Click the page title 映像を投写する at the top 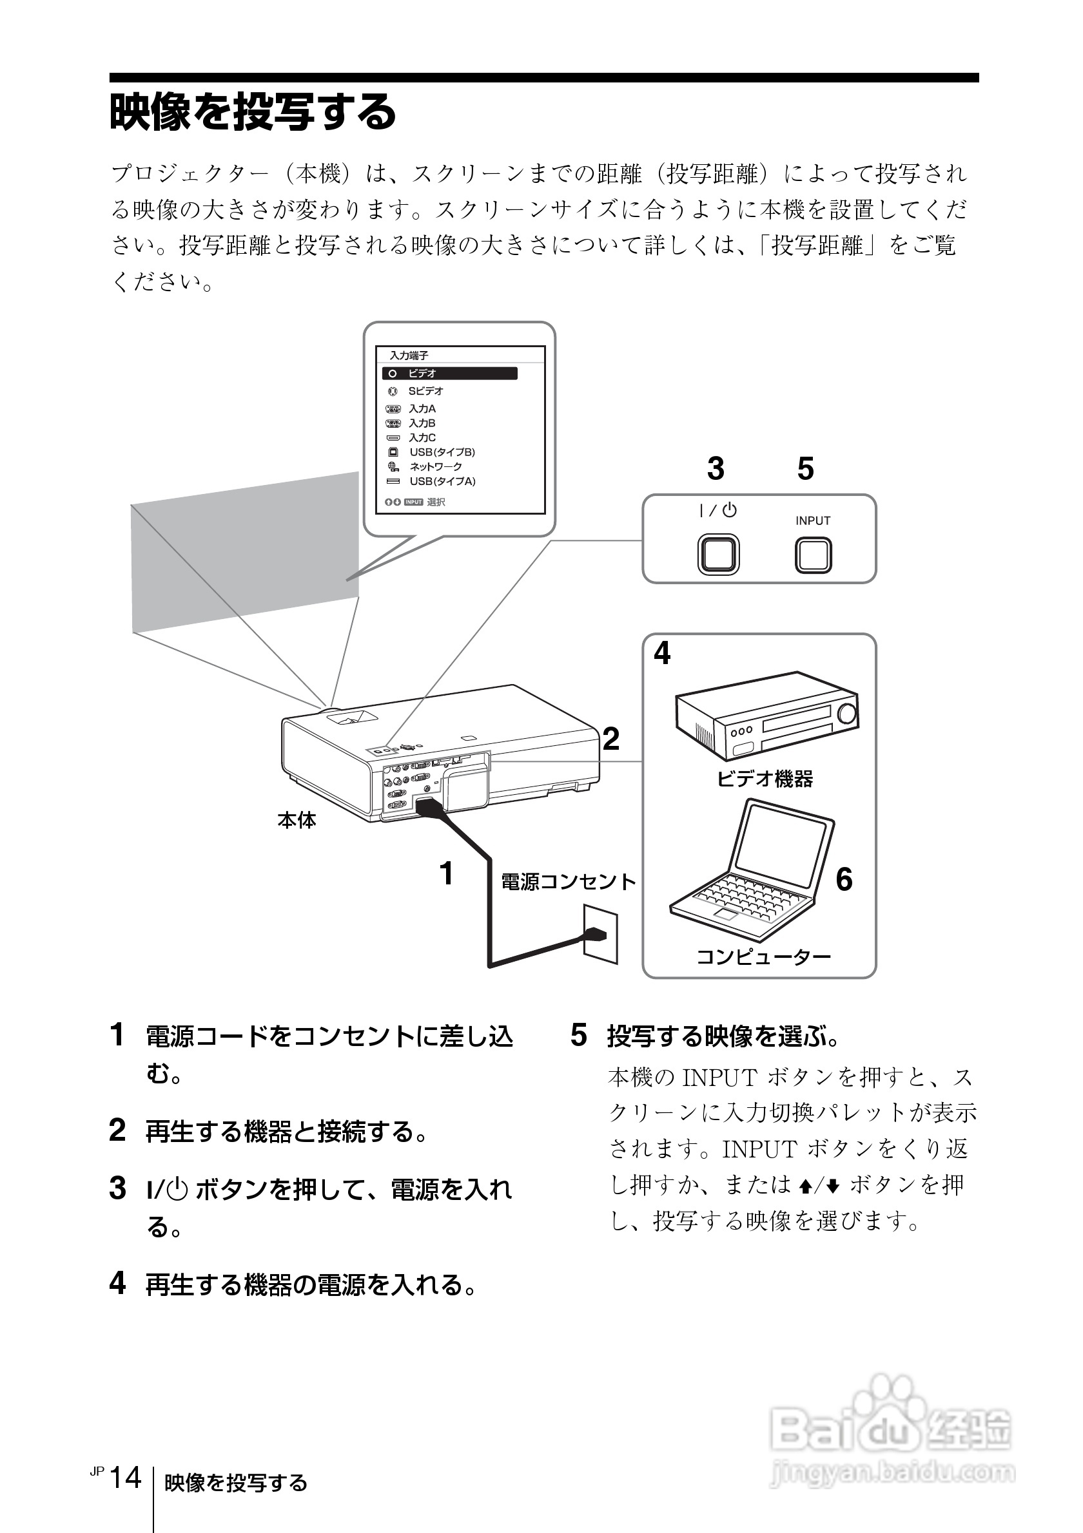tap(253, 112)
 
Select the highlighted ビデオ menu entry tap(449, 373)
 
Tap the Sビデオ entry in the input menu tap(425, 391)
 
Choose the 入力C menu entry tap(422, 438)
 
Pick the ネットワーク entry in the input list tap(435, 467)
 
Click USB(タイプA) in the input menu tap(442, 481)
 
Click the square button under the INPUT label tap(813, 555)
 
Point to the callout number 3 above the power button tap(716, 470)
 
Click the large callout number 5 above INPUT tap(806, 470)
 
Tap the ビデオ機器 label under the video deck tap(765, 779)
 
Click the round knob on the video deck tap(847, 714)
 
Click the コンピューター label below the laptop tap(764, 957)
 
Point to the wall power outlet tap(600, 933)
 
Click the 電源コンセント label tap(568, 882)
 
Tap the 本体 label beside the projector tap(297, 821)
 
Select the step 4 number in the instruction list tap(117, 1283)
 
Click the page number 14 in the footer tap(126, 1478)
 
